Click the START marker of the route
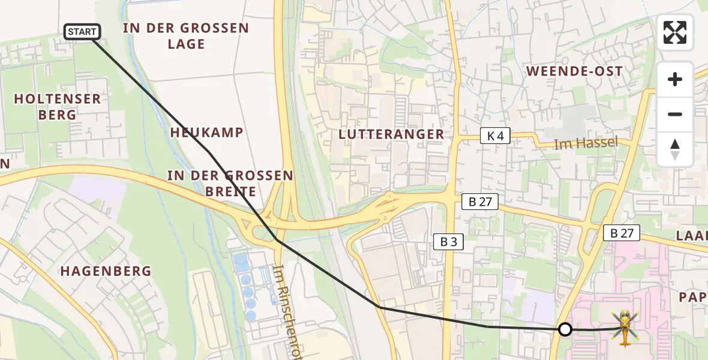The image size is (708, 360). pos(82,32)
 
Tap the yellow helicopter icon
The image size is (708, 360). pos(625,328)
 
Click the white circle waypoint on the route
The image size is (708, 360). pos(565,329)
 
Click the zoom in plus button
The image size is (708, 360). pos(675,79)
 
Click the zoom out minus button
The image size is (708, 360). pos(675,114)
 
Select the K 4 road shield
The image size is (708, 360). pos(495,136)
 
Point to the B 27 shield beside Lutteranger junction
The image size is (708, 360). pos(480,202)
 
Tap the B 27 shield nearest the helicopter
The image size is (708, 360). pos(622,233)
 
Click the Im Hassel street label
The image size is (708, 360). pos(586,143)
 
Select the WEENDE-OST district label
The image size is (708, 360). pos(574,71)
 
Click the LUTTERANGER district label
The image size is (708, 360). pos(391,134)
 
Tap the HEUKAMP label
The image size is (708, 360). pos(206,132)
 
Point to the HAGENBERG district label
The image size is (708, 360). pos(106,271)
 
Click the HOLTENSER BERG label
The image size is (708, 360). pos(58,107)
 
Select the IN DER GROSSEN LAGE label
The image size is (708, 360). pos(186,36)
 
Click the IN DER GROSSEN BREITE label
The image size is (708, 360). pos(230,184)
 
